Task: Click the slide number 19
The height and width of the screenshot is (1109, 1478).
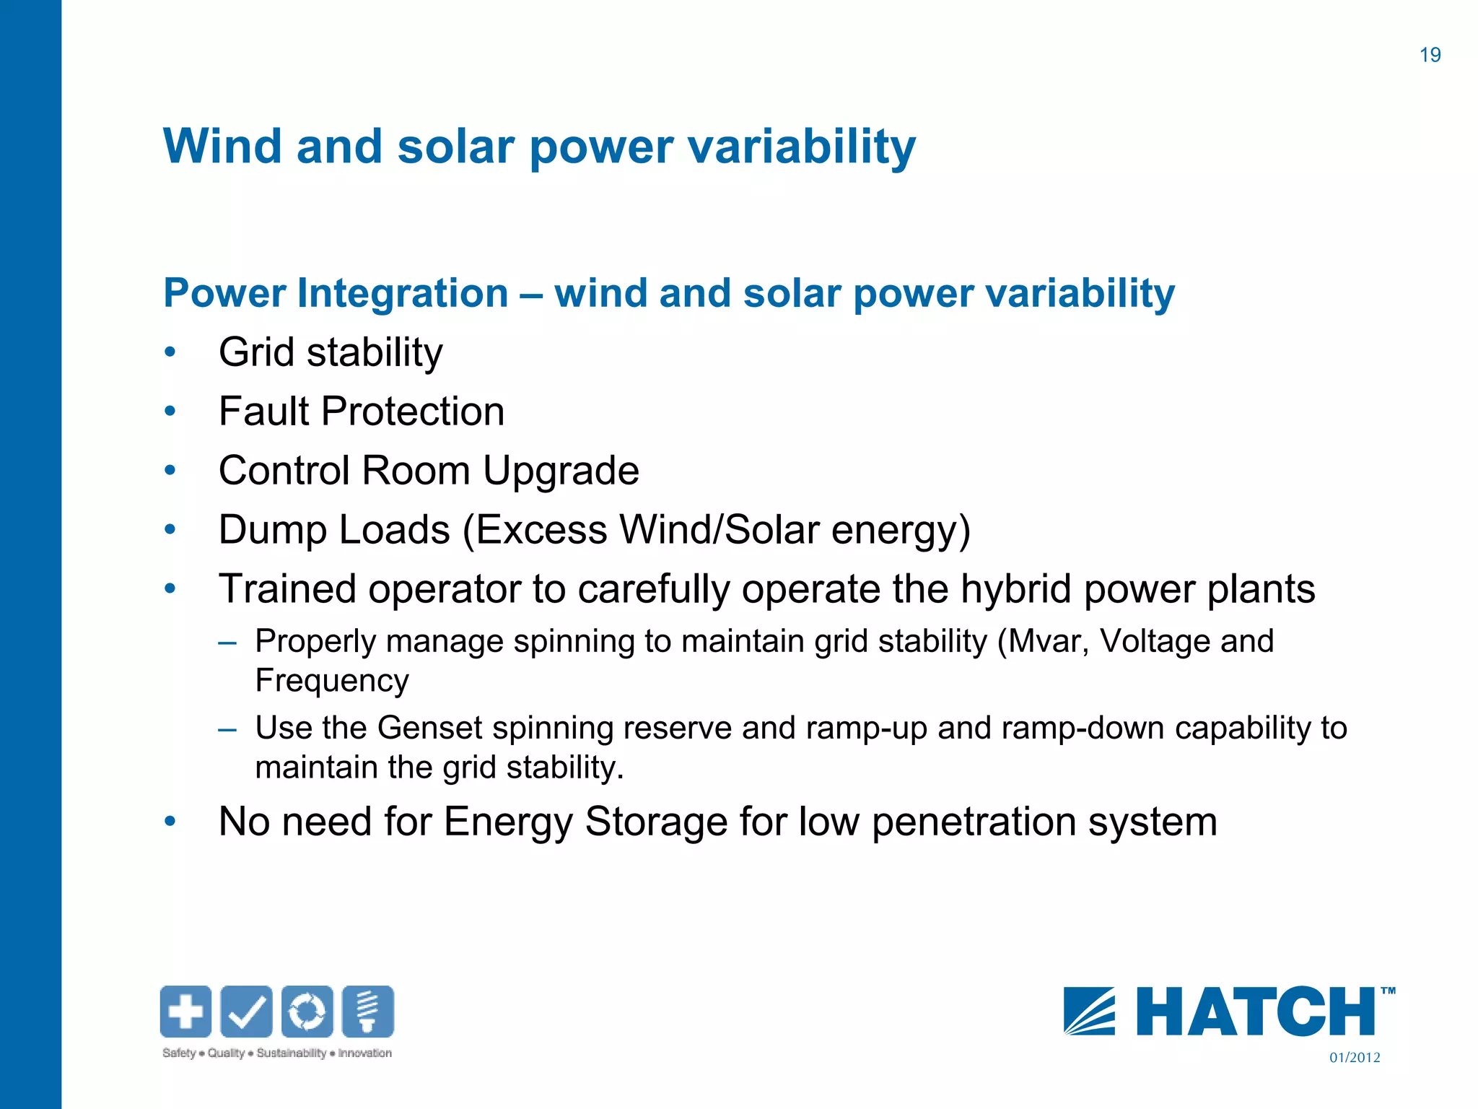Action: tap(1430, 55)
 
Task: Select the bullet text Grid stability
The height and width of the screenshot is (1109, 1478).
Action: tap(331, 353)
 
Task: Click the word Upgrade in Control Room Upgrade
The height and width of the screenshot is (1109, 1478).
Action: tap(561, 471)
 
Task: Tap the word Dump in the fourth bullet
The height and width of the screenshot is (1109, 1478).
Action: tap(272, 530)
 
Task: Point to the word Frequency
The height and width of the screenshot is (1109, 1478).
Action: tap(332, 681)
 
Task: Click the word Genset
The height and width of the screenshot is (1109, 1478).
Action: tap(429, 728)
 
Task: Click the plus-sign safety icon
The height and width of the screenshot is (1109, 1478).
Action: tap(185, 1011)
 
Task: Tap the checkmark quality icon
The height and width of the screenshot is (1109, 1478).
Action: tap(246, 1011)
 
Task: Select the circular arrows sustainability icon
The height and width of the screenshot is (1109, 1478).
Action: tap(307, 1011)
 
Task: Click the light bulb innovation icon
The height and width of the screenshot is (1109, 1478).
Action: tap(368, 1011)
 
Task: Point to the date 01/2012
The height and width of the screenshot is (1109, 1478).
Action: tap(1355, 1058)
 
